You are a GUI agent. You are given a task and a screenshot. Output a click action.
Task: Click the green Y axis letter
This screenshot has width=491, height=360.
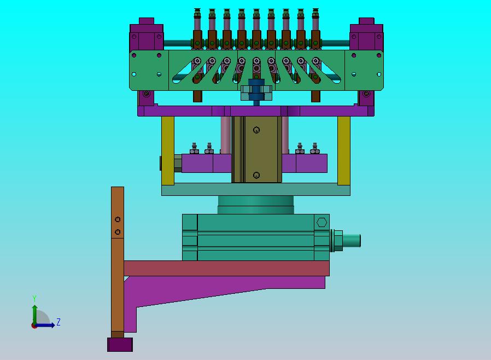click(x=34, y=298)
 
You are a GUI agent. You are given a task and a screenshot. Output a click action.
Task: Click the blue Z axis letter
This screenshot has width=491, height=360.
click(x=59, y=322)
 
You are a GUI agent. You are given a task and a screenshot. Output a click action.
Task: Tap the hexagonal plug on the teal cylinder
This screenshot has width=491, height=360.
click(x=322, y=222)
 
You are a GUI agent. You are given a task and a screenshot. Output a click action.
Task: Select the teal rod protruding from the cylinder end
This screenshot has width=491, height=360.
click(x=352, y=241)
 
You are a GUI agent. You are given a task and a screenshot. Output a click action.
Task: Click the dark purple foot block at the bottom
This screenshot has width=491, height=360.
click(x=120, y=344)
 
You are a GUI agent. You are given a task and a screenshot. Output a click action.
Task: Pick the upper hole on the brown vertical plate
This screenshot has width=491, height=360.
click(x=118, y=219)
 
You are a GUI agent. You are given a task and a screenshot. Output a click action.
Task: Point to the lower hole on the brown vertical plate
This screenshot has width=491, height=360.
click(x=118, y=232)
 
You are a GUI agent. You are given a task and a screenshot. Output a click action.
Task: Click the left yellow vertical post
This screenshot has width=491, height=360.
click(x=168, y=150)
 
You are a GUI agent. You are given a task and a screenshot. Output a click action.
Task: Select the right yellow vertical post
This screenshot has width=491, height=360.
click(x=344, y=150)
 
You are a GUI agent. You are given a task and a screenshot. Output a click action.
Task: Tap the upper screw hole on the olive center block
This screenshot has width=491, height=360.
click(x=256, y=130)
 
